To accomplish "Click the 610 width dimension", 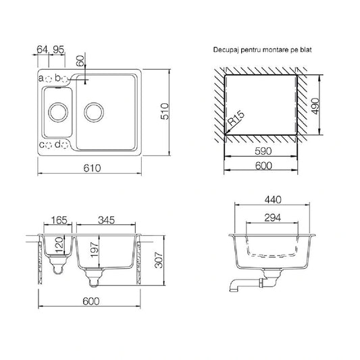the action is [92, 168].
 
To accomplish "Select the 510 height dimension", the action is [165, 111].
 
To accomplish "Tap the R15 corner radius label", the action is [236, 118].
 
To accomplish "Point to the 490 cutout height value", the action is [315, 106].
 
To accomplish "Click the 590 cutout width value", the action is [263, 151].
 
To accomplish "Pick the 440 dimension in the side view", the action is [273, 200].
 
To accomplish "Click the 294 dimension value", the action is [272, 217].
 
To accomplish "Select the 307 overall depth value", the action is [159, 260].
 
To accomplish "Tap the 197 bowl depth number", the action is [95, 250].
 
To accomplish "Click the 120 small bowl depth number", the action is [59, 245].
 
